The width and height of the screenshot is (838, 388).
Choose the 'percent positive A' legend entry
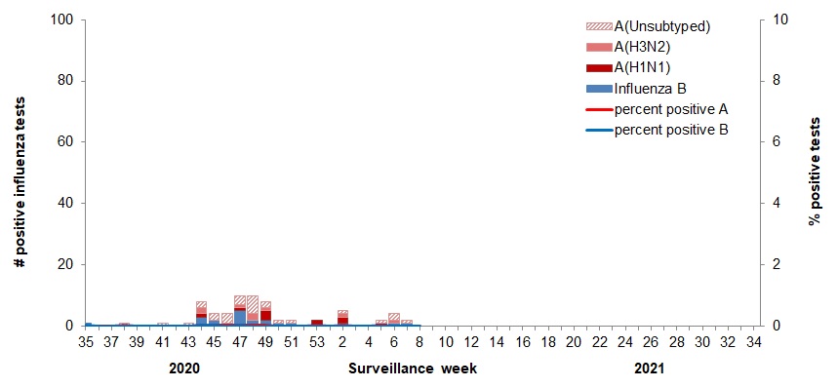(x=671, y=108)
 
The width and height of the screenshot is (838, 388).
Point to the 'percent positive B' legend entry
(x=671, y=129)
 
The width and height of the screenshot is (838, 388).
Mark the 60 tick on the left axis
(x=65, y=142)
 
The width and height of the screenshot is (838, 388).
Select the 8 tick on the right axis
(x=778, y=81)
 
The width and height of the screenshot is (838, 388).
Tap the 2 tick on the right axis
(x=778, y=265)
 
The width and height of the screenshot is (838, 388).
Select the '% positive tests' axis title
(x=814, y=174)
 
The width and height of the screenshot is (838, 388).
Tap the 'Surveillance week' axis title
(x=413, y=369)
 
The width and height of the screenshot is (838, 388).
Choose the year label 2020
(x=184, y=369)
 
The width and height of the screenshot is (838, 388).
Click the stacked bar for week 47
(x=240, y=311)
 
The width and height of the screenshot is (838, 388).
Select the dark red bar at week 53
(x=317, y=323)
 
